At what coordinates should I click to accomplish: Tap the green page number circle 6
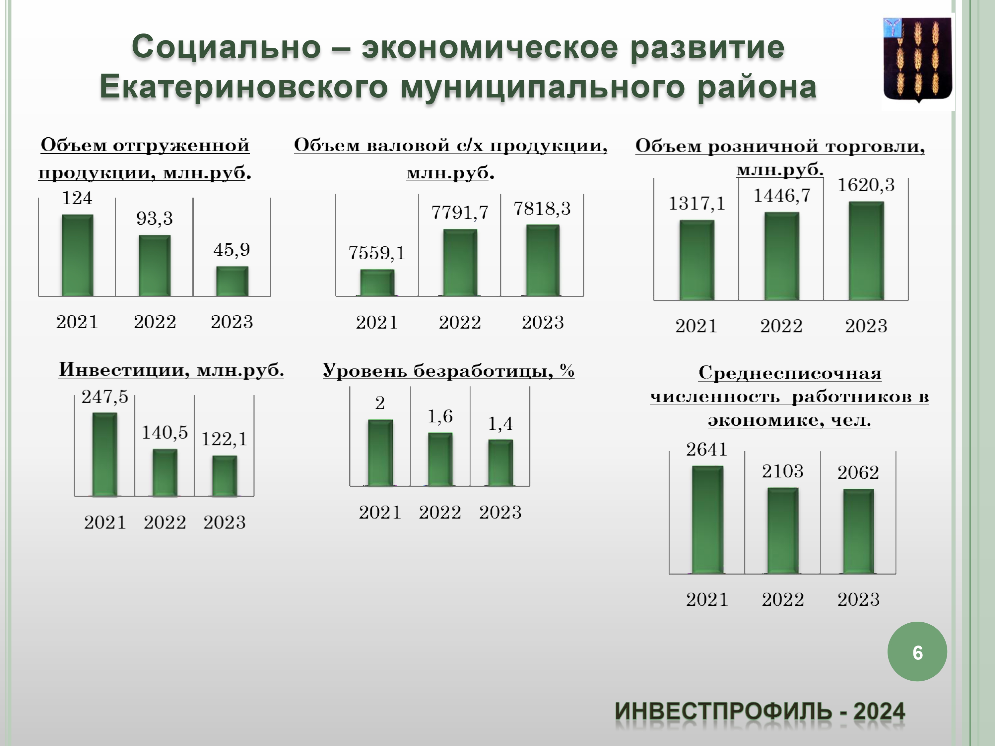tap(917, 652)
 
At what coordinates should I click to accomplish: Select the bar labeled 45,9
tap(232, 281)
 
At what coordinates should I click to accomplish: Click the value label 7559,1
tap(376, 253)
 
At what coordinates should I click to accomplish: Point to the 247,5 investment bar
tap(105, 454)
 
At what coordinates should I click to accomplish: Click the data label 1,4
tap(500, 424)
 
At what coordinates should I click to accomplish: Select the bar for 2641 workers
tap(707, 520)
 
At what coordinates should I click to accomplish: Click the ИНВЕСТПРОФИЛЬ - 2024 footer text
tap(760, 712)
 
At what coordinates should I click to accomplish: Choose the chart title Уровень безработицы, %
tap(448, 371)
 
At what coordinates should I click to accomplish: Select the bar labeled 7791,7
tap(460, 263)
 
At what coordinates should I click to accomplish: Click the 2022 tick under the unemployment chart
tap(440, 512)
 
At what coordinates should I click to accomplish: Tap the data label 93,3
tap(154, 218)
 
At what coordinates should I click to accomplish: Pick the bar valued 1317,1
tap(697, 260)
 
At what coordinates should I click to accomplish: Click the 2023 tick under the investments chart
tap(225, 523)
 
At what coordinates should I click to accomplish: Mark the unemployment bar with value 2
tap(380, 453)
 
